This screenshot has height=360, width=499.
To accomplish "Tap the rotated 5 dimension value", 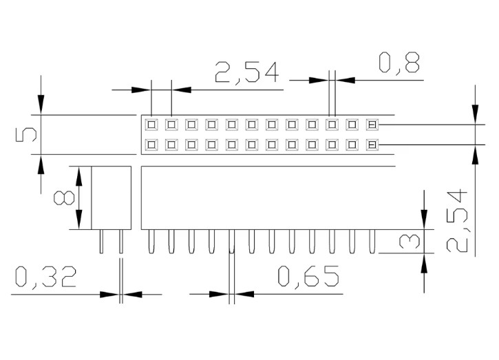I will pyautogui.click(x=26, y=134).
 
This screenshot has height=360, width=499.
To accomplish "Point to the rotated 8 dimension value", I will pyautogui.click(x=64, y=198).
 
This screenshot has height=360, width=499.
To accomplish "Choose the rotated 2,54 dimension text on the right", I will pyautogui.click(x=458, y=220).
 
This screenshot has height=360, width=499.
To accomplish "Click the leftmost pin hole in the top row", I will pyautogui.click(x=151, y=125).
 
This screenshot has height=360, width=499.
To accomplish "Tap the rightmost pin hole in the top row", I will pyautogui.click(x=372, y=125).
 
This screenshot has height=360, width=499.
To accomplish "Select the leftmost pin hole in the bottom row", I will pyautogui.click(x=151, y=145).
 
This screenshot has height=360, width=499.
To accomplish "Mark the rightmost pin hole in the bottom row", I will pyautogui.click(x=372, y=145).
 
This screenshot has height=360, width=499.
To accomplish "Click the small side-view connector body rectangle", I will pyautogui.click(x=111, y=198).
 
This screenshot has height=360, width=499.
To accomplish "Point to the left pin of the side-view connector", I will pyautogui.click(x=102, y=242).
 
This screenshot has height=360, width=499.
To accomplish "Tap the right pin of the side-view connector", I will pyautogui.click(x=120, y=242).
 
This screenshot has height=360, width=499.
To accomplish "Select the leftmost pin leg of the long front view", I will pyautogui.click(x=151, y=242).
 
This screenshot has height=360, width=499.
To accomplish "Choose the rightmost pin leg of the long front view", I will pyautogui.click(x=372, y=242).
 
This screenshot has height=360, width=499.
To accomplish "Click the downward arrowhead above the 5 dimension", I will pyautogui.click(x=41, y=107).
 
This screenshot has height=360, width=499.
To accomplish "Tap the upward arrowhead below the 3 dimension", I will pyautogui.click(x=425, y=262).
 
